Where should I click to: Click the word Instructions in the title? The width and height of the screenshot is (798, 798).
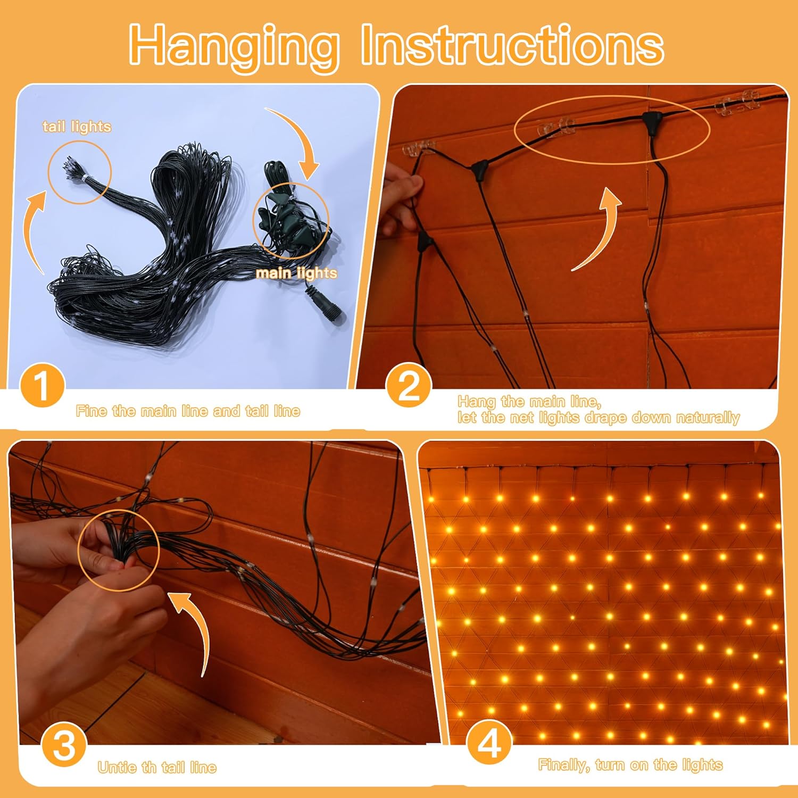(x=512, y=46)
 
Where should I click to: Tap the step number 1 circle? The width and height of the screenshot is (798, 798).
(x=42, y=386)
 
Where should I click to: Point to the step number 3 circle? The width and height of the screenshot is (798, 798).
(x=64, y=745)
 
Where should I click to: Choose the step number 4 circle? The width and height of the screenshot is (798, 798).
(x=489, y=743)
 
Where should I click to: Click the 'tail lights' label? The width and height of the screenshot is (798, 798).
(x=77, y=127)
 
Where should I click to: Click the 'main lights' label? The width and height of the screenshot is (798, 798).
(x=296, y=273)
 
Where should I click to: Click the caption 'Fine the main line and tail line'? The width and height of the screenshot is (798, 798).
(x=188, y=411)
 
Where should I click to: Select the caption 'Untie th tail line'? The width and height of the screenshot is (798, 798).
(x=157, y=767)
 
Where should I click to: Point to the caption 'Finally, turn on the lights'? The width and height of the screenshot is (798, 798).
(x=630, y=765)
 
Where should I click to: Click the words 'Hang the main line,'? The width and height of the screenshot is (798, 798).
(x=529, y=401)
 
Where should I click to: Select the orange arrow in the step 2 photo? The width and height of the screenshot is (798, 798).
(x=598, y=229)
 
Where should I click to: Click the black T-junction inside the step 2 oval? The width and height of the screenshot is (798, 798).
(x=650, y=120)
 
